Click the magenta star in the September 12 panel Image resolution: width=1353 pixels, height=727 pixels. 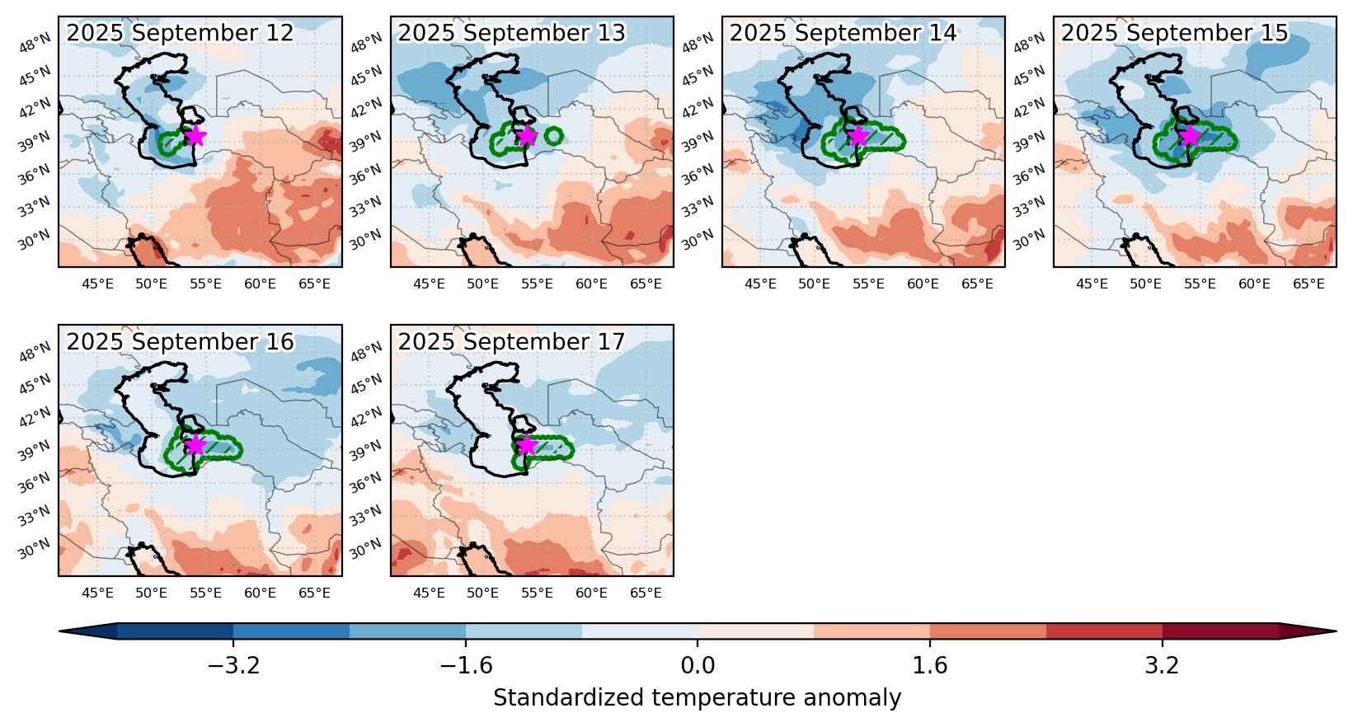[195, 136]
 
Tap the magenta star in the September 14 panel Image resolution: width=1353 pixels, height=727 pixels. [858, 136]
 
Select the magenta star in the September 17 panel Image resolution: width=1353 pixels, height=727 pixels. [528, 445]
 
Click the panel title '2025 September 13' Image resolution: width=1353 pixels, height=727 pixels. [512, 33]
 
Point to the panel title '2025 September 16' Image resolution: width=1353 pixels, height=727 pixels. [180, 342]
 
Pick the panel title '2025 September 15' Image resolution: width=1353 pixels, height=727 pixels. [1175, 33]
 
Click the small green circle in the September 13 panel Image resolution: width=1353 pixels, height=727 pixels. [554, 136]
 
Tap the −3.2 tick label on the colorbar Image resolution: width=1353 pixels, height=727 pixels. [233, 665]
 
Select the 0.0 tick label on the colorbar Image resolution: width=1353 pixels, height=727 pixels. [698, 665]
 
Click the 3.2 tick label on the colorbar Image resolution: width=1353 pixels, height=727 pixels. [1163, 665]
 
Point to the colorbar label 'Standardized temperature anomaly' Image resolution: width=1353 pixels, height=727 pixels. [697, 698]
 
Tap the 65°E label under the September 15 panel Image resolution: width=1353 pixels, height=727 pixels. [1309, 284]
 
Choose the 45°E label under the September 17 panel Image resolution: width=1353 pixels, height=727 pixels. [429, 593]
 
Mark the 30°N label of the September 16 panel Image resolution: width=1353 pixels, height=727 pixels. [35, 548]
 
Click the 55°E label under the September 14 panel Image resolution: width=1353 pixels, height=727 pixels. [868, 284]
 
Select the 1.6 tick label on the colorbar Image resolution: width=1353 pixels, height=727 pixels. [929, 665]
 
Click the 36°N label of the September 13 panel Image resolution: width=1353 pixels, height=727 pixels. [367, 174]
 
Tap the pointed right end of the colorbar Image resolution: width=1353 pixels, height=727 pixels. [1336, 631]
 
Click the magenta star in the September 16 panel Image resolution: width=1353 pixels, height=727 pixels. [195, 445]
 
